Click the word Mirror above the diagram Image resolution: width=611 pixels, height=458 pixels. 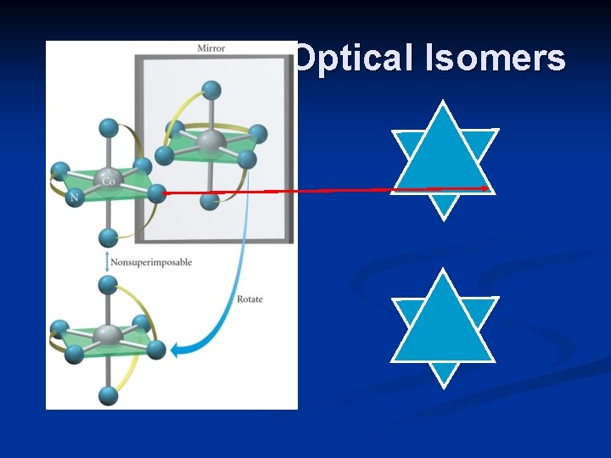click(x=211, y=47)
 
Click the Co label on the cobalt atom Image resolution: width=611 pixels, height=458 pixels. click(x=109, y=181)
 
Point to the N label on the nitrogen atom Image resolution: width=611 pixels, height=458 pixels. click(x=75, y=198)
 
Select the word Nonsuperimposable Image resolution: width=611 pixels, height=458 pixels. click(x=151, y=262)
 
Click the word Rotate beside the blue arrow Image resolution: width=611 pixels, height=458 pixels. click(x=249, y=299)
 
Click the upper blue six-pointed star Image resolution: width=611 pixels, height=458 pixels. click(x=443, y=159)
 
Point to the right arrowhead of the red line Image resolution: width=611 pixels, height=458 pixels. click(x=487, y=188)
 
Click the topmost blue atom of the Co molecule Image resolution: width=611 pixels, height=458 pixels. click(x=108, y=127)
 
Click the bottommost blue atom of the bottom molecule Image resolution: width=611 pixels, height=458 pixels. click(x=108, y=395)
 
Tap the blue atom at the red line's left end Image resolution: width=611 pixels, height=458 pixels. click(x=155, y=194)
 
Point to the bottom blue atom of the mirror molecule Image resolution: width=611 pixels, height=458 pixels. click(x=211, y=201)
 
